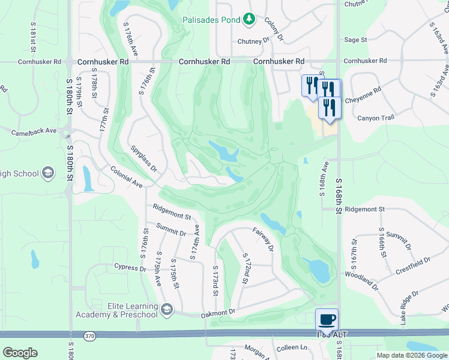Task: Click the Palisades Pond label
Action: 211,19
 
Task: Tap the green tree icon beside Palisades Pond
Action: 249,19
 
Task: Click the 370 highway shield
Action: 89,337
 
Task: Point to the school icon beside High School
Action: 48,174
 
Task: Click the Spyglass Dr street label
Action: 142,157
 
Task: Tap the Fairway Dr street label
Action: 263,239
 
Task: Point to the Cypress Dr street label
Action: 130,267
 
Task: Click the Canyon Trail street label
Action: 376,118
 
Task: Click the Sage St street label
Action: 355,40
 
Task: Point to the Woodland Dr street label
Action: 362,280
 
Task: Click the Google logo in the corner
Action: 20,353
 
